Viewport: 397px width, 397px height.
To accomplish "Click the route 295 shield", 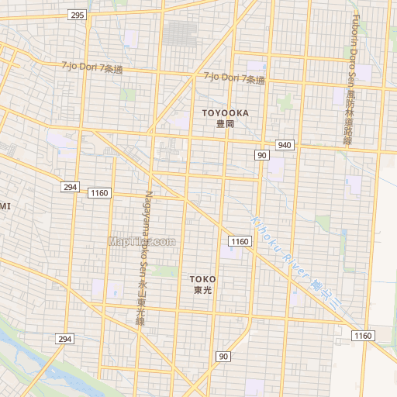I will (x=77, y=15).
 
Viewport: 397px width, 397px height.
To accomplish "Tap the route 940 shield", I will (x=285, y=145).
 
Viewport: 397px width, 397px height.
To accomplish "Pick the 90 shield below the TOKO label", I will (x=223, y=356).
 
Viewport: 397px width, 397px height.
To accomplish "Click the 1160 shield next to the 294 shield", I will (x=101, y=192).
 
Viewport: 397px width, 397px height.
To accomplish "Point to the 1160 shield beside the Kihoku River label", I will (x=240, y=242).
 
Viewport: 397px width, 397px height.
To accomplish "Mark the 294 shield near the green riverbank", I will (x=64, y=339).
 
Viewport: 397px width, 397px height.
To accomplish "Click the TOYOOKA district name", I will (x=226, y=113).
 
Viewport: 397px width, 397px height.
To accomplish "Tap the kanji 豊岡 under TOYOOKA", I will (x=226, y=124).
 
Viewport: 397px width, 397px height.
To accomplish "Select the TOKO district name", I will (x=203, y=278).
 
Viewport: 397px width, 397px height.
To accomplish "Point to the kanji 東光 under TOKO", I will (x=203, y=290).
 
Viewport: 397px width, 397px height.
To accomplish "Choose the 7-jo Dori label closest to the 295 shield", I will (x=92, y=67).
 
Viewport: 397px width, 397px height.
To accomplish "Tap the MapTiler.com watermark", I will (x=142, y=241).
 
